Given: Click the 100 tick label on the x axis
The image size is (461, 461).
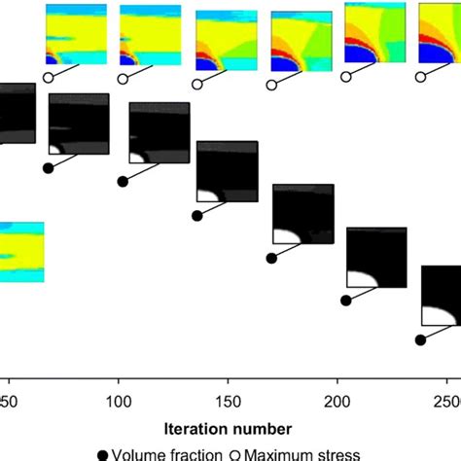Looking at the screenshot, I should point(119,402).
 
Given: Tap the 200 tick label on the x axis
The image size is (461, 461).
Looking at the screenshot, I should point(337,402).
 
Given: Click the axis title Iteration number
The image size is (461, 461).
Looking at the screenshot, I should point(230,427).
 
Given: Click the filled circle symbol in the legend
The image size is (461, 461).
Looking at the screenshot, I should point(103,453).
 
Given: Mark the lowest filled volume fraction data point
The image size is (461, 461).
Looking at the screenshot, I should point(420,340).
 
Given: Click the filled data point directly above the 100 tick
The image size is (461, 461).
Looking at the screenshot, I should point(123,181).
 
